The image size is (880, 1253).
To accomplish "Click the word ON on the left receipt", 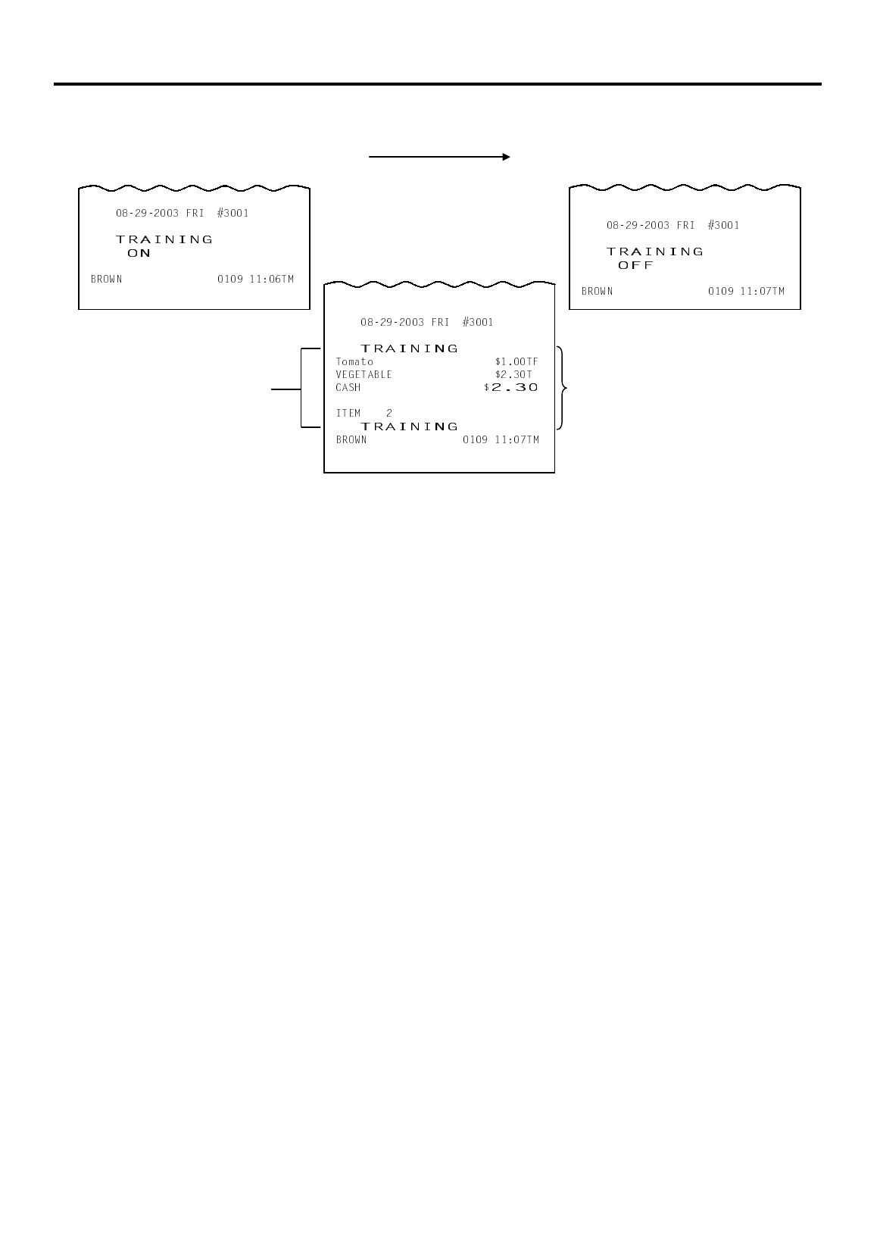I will click(x=139, y=254).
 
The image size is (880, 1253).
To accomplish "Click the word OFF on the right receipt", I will click(x=635, y=266).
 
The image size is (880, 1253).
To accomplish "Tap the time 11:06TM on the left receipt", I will click(x=272, y=280).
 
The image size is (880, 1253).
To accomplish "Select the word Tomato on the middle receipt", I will click(x=354, y=362).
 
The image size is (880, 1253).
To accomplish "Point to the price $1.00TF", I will click(x=516, y=362).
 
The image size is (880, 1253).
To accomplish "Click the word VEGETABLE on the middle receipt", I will click(x=364, y=375).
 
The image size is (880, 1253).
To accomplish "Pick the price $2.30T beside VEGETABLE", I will click(x=513, y=375).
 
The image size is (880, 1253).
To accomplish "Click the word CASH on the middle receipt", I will click(x=348, y=388).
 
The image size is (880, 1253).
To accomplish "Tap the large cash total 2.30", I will click(x=515, y=387).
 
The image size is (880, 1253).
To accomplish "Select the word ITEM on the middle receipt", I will click(x=348, y=414).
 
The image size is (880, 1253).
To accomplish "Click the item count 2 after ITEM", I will click(x=389, y=414).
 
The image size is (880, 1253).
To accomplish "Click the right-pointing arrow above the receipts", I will click(x=439, y=158).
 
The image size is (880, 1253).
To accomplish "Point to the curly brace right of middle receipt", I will click(x=562, y=388).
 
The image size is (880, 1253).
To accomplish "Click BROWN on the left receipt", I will click(x=107, y=280).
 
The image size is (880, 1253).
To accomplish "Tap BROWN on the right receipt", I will click(x=598, y=292).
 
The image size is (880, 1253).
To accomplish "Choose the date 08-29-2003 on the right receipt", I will click(x=638, y=226).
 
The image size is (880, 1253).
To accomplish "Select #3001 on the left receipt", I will click(x=232, y=214).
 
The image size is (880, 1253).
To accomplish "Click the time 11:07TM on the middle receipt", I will click(x=517, y=440).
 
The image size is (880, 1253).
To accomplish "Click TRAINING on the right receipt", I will click(x=655, y=252).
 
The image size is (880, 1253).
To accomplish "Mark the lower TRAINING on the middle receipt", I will click(x=410, y=427).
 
